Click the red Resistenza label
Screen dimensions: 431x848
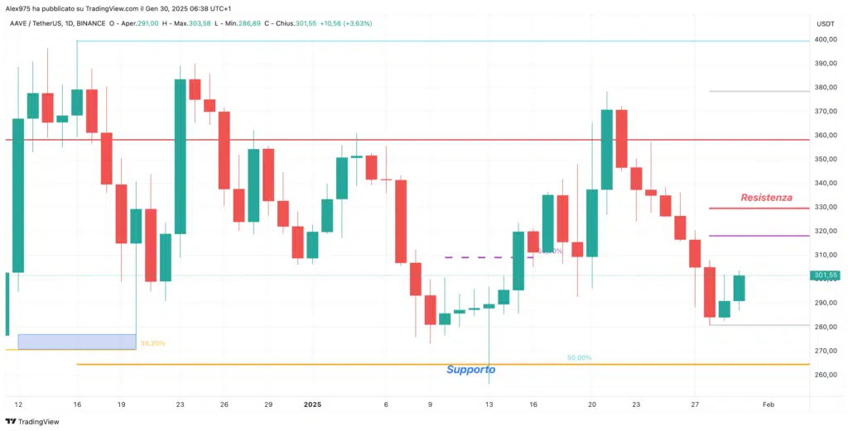click(x=766, y=198)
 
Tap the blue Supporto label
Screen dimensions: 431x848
click(x=470, y=370)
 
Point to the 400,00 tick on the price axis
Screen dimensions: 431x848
click(x=825, y=40)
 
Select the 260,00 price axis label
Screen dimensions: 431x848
click(x=825, y=375)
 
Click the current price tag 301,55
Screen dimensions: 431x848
click(x=826, y=275)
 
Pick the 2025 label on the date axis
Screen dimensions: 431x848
click(x=312, y=405)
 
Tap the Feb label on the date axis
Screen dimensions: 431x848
click(x=768, y=405)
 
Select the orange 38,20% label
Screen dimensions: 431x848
click(x=152, y=343)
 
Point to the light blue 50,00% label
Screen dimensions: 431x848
click(x=579, y=357)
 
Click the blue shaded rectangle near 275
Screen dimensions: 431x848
click(x=76, y=341)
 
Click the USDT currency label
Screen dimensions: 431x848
click(x=825, y=23)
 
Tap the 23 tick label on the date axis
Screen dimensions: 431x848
click(x=180, y=405)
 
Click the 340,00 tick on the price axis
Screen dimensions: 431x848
click(x=825, y=183)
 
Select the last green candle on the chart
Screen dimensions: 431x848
click(x=739, y=288)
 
